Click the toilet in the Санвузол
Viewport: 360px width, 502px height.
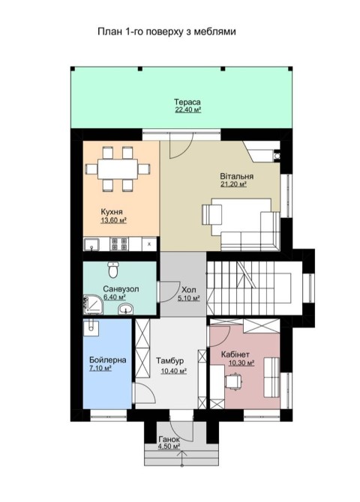(x=113, y=270)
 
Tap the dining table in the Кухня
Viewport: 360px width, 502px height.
(x=118, y=169)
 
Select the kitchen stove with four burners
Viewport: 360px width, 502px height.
(x=119, y=244)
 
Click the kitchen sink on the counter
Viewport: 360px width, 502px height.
(x=91, y=244)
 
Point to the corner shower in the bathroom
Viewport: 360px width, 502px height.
(x=93, y=304)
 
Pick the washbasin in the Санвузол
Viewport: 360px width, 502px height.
(x=126, y=309)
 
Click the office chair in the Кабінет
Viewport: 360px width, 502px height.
(x=234, y=381)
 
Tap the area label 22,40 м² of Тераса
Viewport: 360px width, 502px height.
(x=187, y=110)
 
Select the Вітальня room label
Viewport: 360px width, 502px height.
(x=236, y=176)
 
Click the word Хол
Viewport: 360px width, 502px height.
(x=189, y=290)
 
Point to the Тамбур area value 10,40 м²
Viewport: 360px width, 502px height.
(x=173, y=371)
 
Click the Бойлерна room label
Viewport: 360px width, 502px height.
(x=108, y=360)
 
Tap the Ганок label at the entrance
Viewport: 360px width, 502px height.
(x=169, y=440)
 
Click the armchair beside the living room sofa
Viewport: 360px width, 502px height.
(x=211, y=214)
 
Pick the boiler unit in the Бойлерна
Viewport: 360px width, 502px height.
(x=91, y=327)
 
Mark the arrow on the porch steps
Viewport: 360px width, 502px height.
(x=181, y=458)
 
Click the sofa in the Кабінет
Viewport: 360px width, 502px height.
(x=271, y=378)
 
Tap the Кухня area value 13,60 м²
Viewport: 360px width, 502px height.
(x=113, y=220)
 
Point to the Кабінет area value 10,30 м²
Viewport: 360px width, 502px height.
(x=241, y=363)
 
